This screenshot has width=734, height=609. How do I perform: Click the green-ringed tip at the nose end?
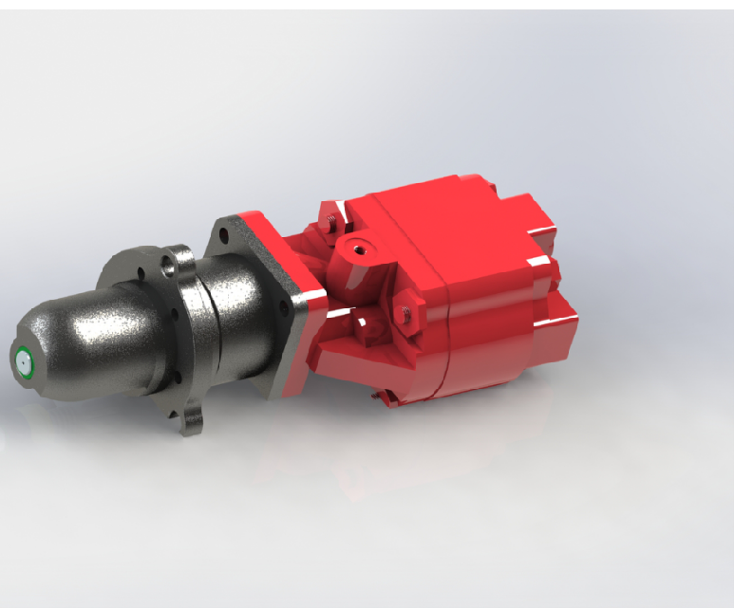[22, 360]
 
